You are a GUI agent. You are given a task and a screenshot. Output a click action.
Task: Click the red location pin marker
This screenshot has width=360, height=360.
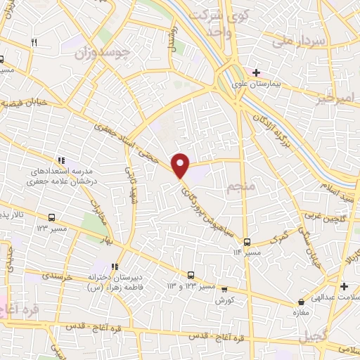tap(181, 165)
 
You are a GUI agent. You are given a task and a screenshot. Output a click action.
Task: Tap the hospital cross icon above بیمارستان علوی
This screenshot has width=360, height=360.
tap(256, 72)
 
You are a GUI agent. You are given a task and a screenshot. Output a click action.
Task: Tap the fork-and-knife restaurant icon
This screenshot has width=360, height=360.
tap(33, 43)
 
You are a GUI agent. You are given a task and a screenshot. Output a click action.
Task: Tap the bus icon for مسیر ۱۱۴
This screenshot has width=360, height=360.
tap(246, 241)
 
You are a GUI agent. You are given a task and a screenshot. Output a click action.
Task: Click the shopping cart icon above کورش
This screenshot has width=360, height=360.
tap(224, 288)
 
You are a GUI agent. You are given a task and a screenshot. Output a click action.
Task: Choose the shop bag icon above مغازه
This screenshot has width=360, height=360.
tap(301, 302)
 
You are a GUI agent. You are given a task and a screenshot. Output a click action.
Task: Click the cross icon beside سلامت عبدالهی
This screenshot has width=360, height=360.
tap(344, 286)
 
